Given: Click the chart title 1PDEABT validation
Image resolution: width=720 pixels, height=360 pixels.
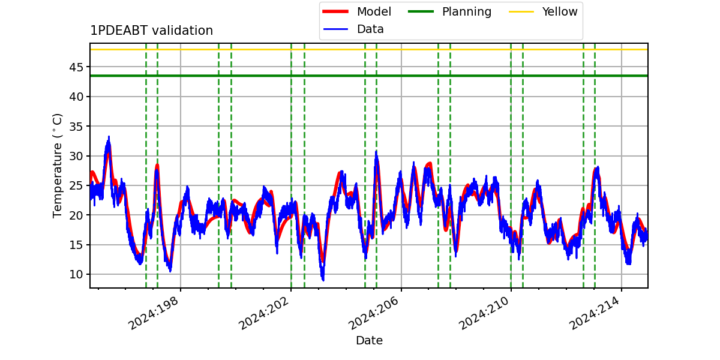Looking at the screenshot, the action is (151, 31).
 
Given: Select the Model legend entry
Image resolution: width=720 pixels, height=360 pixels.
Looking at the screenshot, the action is (357, 11).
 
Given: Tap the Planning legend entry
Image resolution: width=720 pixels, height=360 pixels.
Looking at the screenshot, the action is (449, 11).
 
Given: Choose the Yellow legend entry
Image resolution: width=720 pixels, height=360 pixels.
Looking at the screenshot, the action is (543, 11).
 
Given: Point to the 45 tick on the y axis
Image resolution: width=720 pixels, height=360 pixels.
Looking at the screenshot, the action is (76, 67).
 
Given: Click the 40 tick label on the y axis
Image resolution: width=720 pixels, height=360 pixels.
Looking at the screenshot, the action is (76, 97).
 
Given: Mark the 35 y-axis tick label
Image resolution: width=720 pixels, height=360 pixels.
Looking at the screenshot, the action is (76, 127).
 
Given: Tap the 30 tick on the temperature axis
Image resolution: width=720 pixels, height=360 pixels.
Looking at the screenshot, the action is (76, 156).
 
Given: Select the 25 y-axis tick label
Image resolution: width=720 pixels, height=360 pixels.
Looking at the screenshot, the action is (76, 186).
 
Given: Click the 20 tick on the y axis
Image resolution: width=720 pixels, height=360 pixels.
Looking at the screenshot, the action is (76, 215).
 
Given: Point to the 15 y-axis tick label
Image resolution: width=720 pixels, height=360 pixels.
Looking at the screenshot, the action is (76, 245).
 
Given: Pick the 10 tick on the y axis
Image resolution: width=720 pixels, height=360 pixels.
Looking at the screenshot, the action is (76, 275).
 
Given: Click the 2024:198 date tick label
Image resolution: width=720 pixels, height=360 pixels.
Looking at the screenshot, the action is (154, 313).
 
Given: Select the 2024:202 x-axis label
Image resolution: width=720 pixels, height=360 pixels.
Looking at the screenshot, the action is (264, 313).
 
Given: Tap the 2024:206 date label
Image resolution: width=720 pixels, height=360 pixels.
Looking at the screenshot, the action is (374, 313).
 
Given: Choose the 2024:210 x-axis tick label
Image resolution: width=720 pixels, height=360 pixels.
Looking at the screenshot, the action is (484, 313).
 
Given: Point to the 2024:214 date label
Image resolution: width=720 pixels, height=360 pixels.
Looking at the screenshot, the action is (595, 313).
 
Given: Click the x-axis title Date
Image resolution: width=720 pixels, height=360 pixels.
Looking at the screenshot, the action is (370, 340).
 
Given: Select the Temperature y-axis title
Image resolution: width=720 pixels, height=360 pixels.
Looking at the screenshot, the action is (57, 166).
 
